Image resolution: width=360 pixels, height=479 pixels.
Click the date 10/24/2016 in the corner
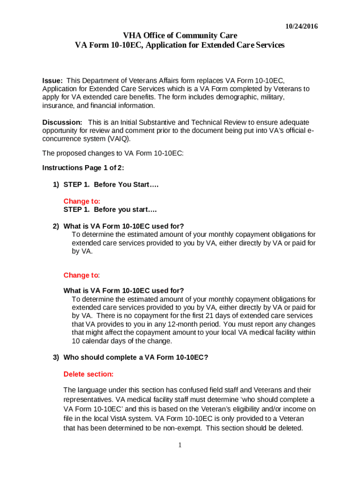(302, 27)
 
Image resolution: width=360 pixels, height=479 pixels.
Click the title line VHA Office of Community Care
(180, 36)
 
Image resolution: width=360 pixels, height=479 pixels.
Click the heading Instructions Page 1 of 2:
(83, 167)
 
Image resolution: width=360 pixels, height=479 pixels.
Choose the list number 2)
(56, 226)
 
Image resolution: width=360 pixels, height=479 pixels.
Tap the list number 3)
(56, 357)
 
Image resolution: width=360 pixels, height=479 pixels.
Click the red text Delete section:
(88, 374)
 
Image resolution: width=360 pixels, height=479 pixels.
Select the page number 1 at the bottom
(180, 445)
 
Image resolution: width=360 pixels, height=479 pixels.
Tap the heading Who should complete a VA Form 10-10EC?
(136, 357)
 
